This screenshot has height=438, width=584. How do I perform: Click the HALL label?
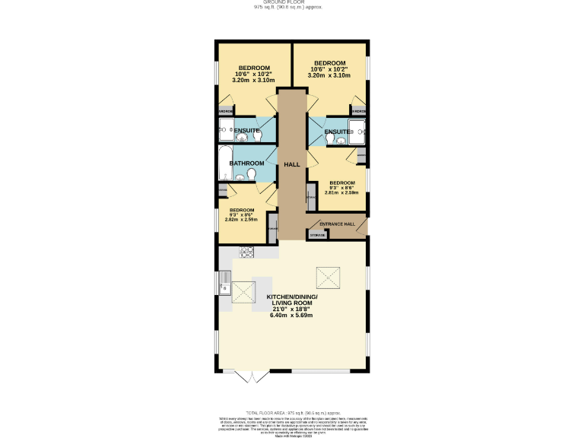[x=292, y=164]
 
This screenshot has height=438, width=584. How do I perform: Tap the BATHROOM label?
[x=247, y=163]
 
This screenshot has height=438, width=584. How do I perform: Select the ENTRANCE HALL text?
[x=336, y=224]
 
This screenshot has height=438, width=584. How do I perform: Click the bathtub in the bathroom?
[x=224, y=163]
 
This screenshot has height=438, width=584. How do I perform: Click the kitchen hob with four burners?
[x=247, y=252]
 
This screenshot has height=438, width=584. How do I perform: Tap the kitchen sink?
[x=224, y=288]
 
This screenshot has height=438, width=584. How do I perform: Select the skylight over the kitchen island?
[x=243, y=293]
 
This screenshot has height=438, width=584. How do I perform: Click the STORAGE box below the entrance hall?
[x=318, y=236]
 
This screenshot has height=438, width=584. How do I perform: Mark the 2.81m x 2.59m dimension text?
[x=341, y=192]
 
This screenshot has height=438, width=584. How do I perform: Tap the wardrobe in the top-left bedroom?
[x=226, y=112]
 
